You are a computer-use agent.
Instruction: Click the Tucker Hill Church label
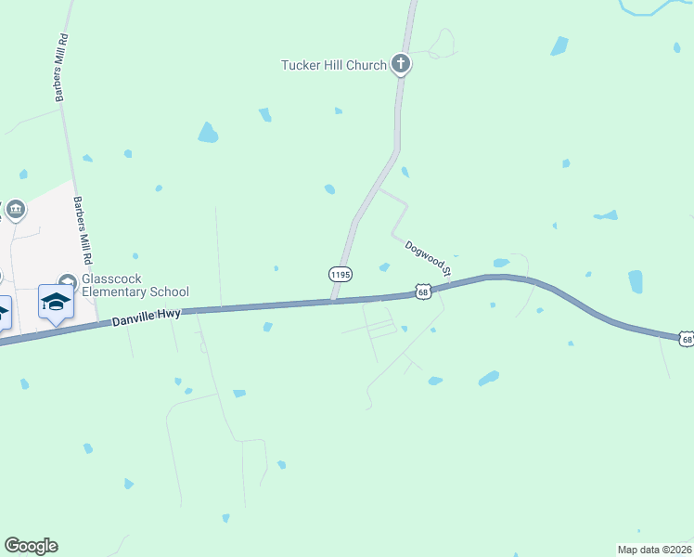point(334,65)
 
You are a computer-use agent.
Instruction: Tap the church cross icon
point(401,64)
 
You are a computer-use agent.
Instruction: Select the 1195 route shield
point(341,275)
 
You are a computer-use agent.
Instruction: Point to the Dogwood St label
point(427,258)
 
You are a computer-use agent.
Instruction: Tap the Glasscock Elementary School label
point(135,285)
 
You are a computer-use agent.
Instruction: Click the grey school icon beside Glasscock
point(66,281)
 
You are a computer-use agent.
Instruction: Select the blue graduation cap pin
point(56,302)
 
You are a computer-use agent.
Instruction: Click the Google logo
point(31,546)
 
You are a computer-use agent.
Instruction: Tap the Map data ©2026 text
point(653,549)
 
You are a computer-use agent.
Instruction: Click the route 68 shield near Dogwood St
point(423,291)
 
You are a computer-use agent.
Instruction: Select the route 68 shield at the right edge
point(687,339)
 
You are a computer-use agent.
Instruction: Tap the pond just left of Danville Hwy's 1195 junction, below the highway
point(267,327)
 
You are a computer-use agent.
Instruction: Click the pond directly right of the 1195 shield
point(384,268)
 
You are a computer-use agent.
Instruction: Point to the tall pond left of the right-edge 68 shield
point(636,281)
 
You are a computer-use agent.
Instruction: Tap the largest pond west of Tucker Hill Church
point(208,133)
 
